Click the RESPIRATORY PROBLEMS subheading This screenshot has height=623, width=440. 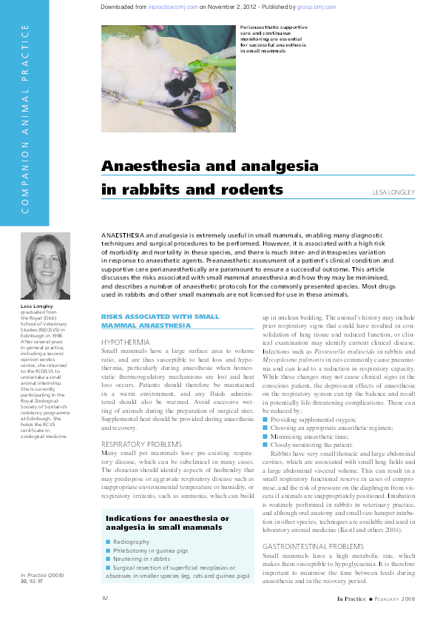point(143,443)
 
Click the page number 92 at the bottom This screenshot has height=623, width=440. point(105,598)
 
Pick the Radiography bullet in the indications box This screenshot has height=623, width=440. point(132,542)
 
